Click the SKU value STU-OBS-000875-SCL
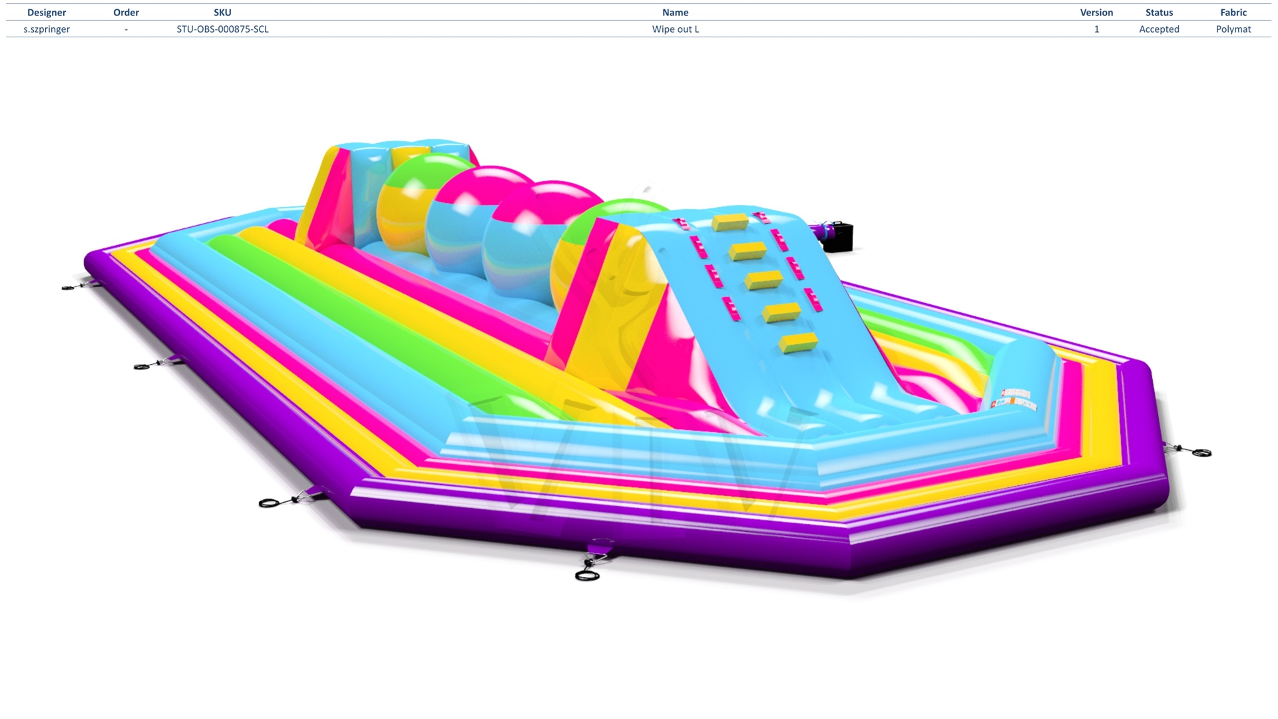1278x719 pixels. [x=222, y=29]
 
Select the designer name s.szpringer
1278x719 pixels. [x=47, y=29]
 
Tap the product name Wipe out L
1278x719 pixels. [x=676, y=29]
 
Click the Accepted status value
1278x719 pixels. [x=1159, y=29]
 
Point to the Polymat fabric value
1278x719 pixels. [x=1233, y=29]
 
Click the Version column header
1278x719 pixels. [x=1096, y=13]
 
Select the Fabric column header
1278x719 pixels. [x=1233, y=13]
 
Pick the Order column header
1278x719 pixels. [x=126, y=13]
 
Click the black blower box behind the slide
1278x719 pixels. [x=838, y=237]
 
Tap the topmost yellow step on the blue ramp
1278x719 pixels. [x=730, y=222]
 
